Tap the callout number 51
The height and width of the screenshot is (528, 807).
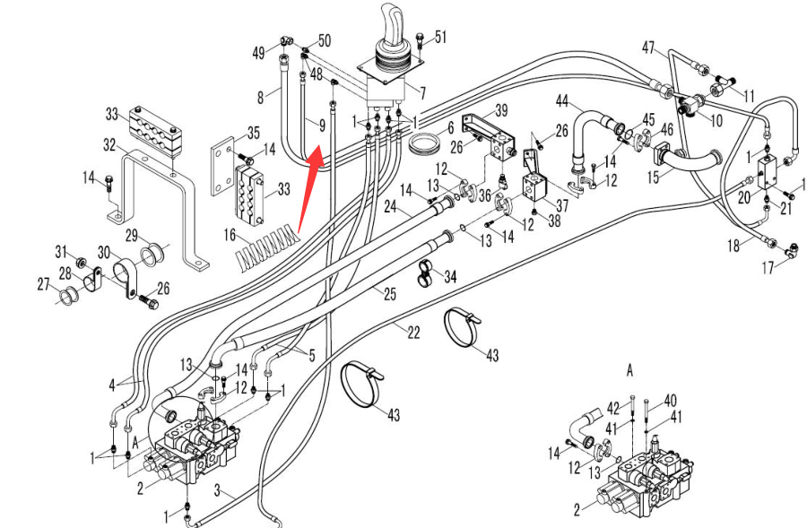440,37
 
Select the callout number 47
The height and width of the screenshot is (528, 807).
648,47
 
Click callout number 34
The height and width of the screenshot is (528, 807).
450,277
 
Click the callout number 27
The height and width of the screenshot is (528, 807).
43,284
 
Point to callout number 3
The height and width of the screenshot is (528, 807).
217,489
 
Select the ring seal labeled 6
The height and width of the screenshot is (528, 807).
424,143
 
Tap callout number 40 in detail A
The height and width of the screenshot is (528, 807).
670,399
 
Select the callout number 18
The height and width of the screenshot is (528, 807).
734,246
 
